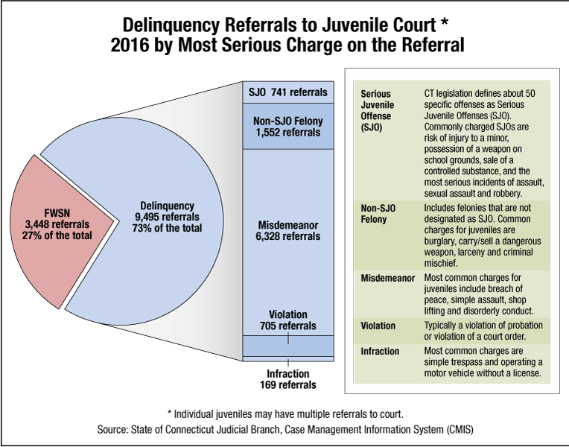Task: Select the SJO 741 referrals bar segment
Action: click(287, 92)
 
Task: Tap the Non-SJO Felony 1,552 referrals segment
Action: click(287, 127)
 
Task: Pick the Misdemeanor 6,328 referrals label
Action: click(287, 230)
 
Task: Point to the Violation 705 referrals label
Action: click(287, 320)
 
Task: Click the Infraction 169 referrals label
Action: click(287, 379)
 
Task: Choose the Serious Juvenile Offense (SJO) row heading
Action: click(381, 112)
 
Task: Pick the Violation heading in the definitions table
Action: click(378, 326)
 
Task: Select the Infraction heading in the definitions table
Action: click(380, 351)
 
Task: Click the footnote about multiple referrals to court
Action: click(284, 413)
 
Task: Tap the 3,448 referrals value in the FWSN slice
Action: click(56, 223)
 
